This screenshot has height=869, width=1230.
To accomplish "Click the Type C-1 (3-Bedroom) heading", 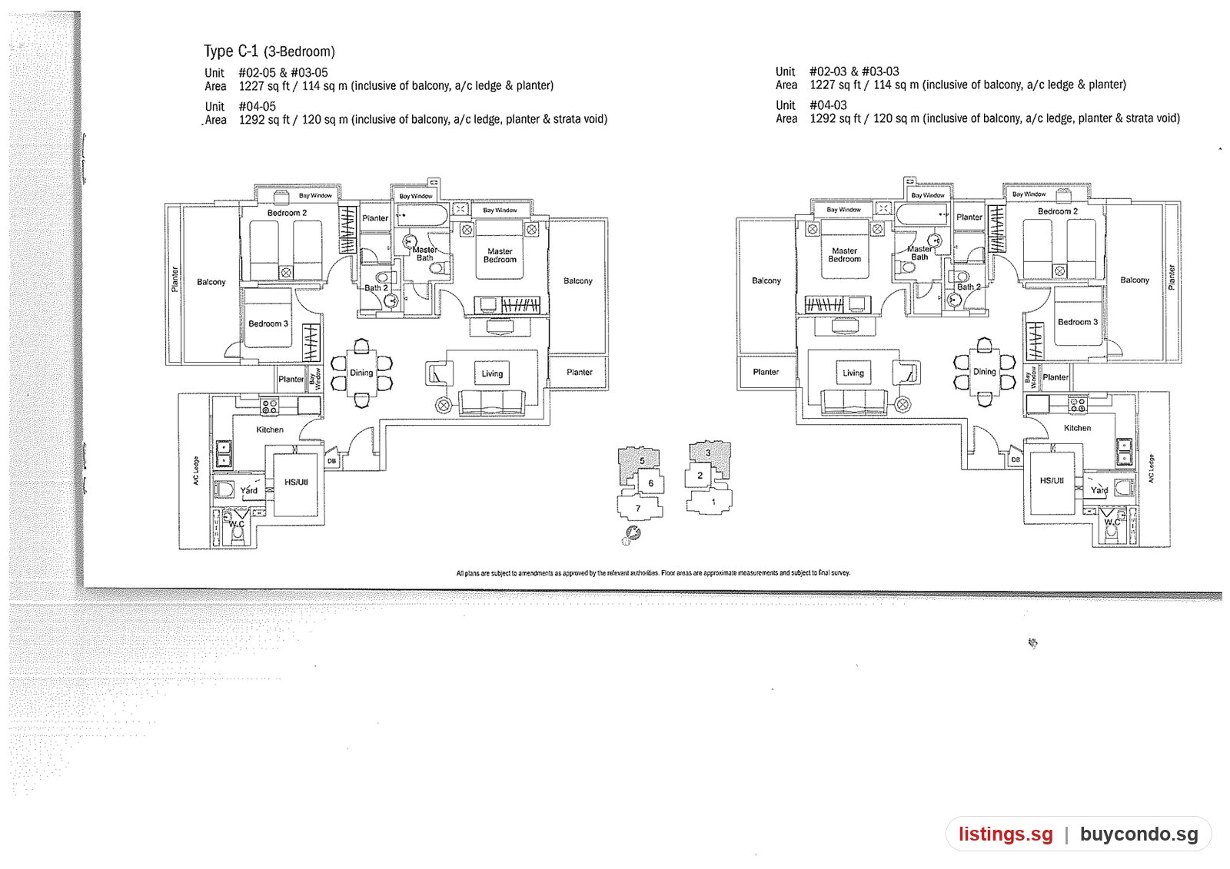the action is click(x=269, y=51).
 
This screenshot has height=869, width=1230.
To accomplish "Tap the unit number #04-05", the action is click(x=257, y=106).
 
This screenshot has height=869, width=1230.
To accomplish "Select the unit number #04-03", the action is click(x=828, y=104).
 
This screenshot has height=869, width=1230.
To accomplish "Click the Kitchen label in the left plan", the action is click(x=270, y=430).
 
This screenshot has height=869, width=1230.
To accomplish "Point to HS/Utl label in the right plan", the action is click(x=1052, y=480).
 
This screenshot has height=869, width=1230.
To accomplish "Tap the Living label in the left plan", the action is click(x=492, y=373).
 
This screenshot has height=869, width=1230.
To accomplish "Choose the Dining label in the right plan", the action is click(x=985, y=372).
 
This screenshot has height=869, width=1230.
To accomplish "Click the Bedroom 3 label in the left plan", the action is click(x=268, y=323).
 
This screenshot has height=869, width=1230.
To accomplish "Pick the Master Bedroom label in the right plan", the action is click(x=845, y=255).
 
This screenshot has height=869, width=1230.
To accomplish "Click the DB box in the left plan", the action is click(x=331, y=461).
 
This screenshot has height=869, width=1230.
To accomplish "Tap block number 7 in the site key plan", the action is click(x=637, y=509).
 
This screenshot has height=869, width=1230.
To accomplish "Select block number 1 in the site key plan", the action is click(x=713, y=501).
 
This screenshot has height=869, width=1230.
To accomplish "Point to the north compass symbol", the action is click(x=631, y=535).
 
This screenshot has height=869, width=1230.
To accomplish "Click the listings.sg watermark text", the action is click(x=1006, y=834).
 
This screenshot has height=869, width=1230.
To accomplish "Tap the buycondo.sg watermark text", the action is click(x=1139, y=834).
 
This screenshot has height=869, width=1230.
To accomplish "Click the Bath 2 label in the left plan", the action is click(x=376, y=287).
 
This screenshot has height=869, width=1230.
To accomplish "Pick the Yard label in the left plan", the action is click(x=249, y=490).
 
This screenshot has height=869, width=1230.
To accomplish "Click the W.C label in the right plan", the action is click(x=1112, y=522).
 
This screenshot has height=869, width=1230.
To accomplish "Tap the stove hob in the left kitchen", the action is click(x=269, y=406).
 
